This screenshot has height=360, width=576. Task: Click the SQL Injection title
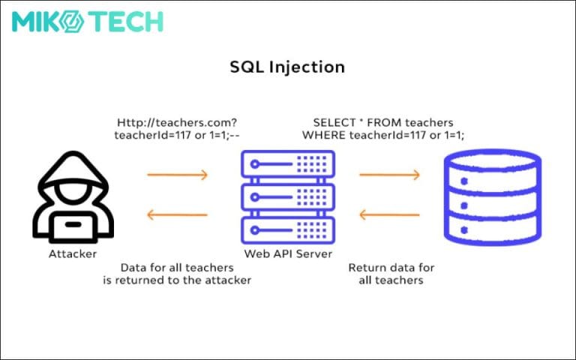coord(287,67)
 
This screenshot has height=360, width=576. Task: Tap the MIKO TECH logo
coord(87,21)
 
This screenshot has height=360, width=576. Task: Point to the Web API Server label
coord(288,254)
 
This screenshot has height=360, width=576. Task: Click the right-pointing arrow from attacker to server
coord(177,175)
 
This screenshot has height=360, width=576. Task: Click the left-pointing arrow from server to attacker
coord(177,215)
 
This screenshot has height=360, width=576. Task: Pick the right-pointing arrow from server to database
coord(389,175)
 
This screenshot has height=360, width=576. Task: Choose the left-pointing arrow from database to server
coord(389,215)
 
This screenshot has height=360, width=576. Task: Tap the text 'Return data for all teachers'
coord(391,274)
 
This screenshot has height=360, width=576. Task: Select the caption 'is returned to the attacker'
coord(177,280)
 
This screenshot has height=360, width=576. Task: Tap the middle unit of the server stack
coord(288,196)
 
